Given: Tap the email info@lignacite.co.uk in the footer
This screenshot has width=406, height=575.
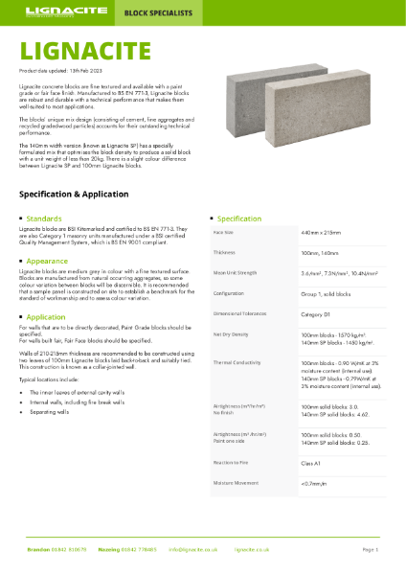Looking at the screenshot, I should pyautogui.click(x=195, y=550).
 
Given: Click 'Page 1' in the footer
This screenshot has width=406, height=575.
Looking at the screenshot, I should pyautogui.click(x=371, y=550).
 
